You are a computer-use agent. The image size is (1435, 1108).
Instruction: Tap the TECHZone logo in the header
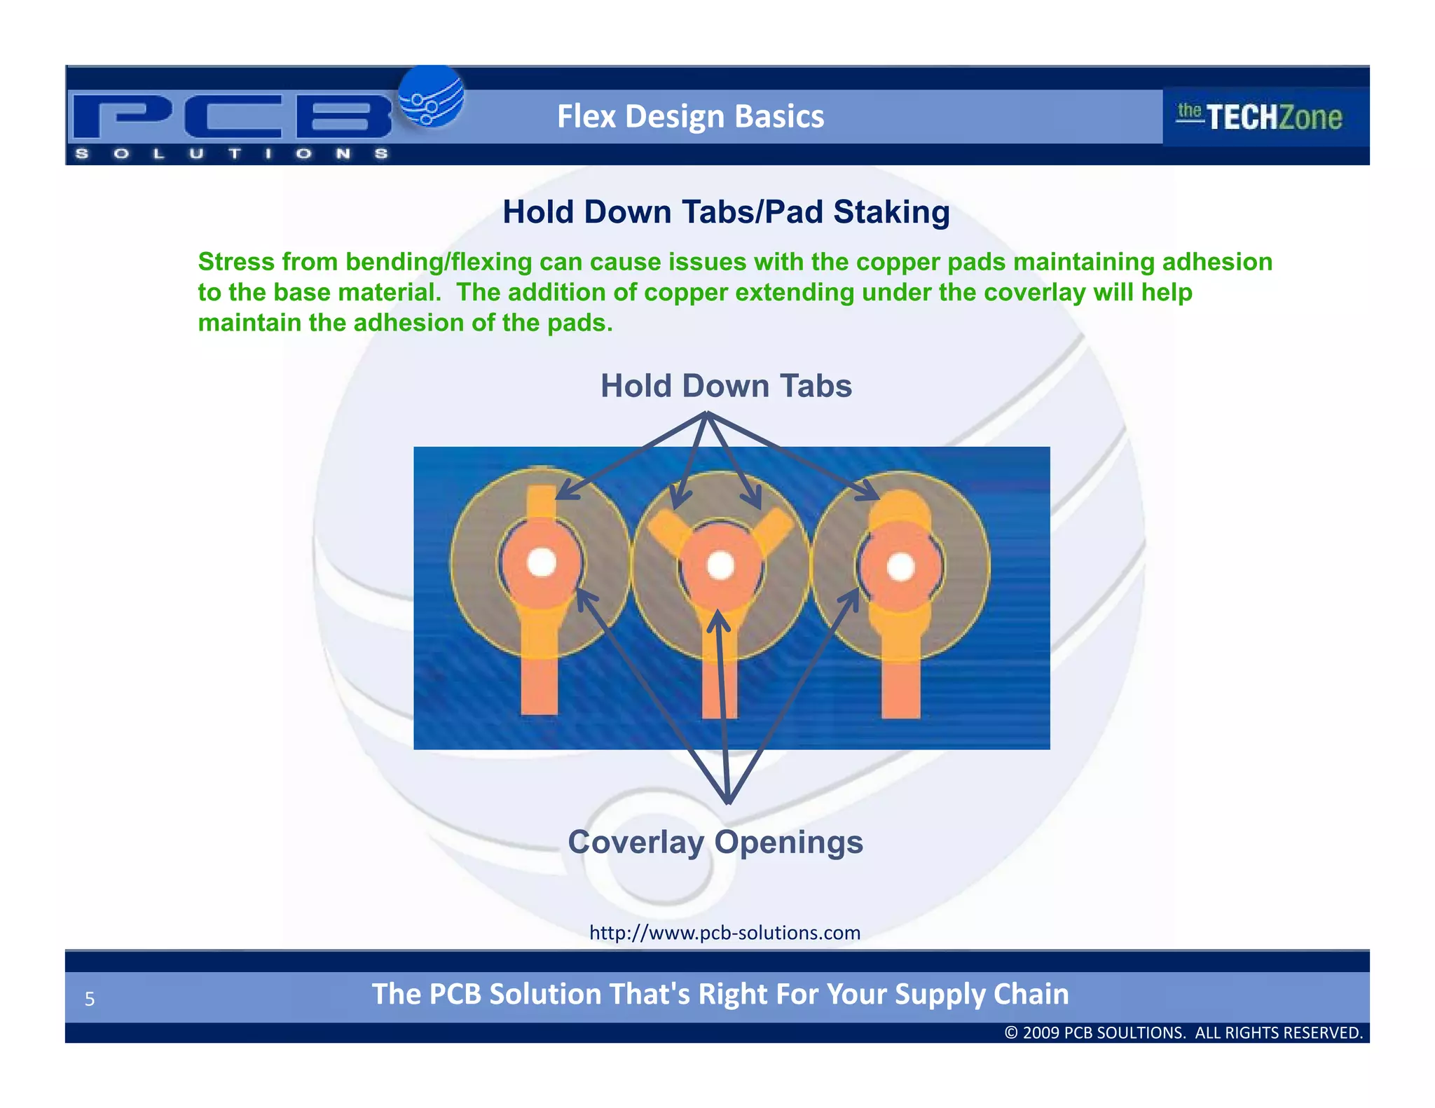(x=1260, y=116)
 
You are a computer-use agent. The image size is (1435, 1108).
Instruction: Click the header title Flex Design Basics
(x=690, y=116)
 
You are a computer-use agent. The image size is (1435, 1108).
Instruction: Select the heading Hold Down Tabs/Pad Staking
(x=726, y=212)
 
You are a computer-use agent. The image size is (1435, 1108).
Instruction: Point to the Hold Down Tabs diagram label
(x=726, y=386)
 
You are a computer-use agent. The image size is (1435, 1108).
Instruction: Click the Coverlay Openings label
(x=715, y=842)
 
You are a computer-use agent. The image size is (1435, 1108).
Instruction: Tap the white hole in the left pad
(x=541, y=562)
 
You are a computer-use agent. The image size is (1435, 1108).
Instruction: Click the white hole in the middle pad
(x=720, y=565)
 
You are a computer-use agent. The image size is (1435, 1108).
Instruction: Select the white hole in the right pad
(x=900, y=567)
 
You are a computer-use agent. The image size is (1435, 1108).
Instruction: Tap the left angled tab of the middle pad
(x=667, y=530)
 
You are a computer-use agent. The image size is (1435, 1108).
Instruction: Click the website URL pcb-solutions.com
(x=725, y=933)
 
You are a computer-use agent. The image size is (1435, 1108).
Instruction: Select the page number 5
(x=90, y=999)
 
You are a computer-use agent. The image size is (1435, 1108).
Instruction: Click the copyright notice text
(x=1183, y=1032)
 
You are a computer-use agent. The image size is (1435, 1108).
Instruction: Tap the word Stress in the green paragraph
(x=236, y=262)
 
